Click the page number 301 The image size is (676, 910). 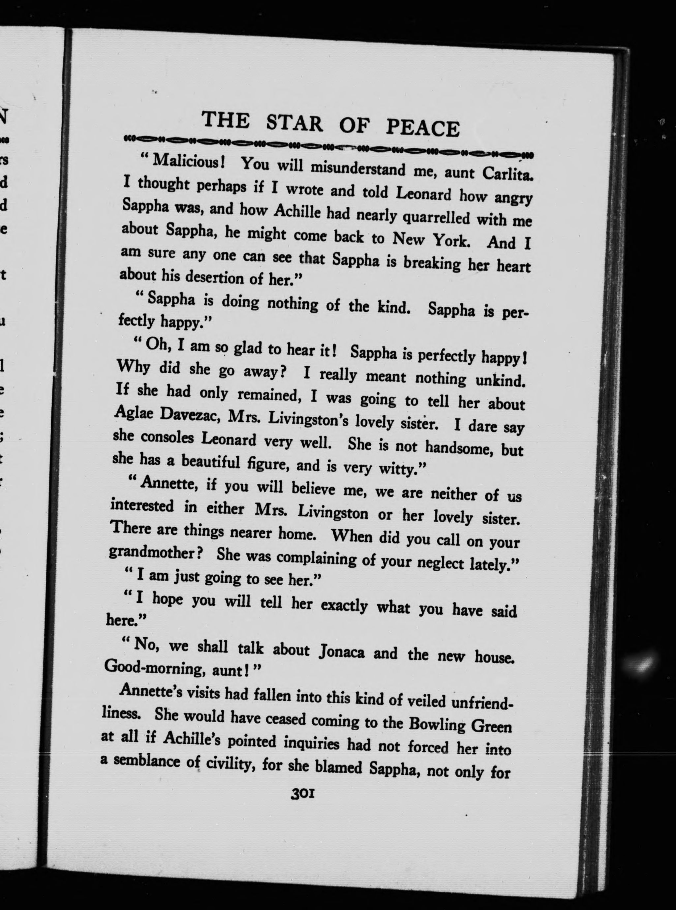tap(302, 794)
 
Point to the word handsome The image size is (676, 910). tap(459, 447)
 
